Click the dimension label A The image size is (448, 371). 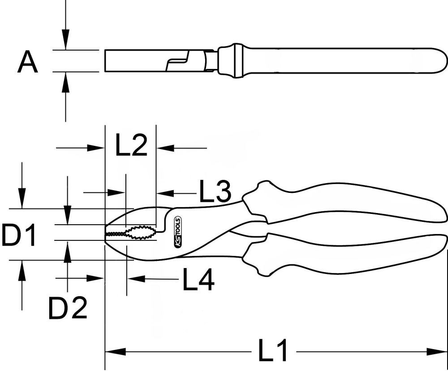tap(28, 62)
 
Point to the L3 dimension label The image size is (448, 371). tap(215, 192)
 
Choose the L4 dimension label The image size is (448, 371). tap(198, 280)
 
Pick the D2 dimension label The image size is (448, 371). tap(68, 308)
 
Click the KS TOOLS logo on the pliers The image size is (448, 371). tap(176, 232)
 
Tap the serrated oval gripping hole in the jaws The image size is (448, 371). tap(138, 233)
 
